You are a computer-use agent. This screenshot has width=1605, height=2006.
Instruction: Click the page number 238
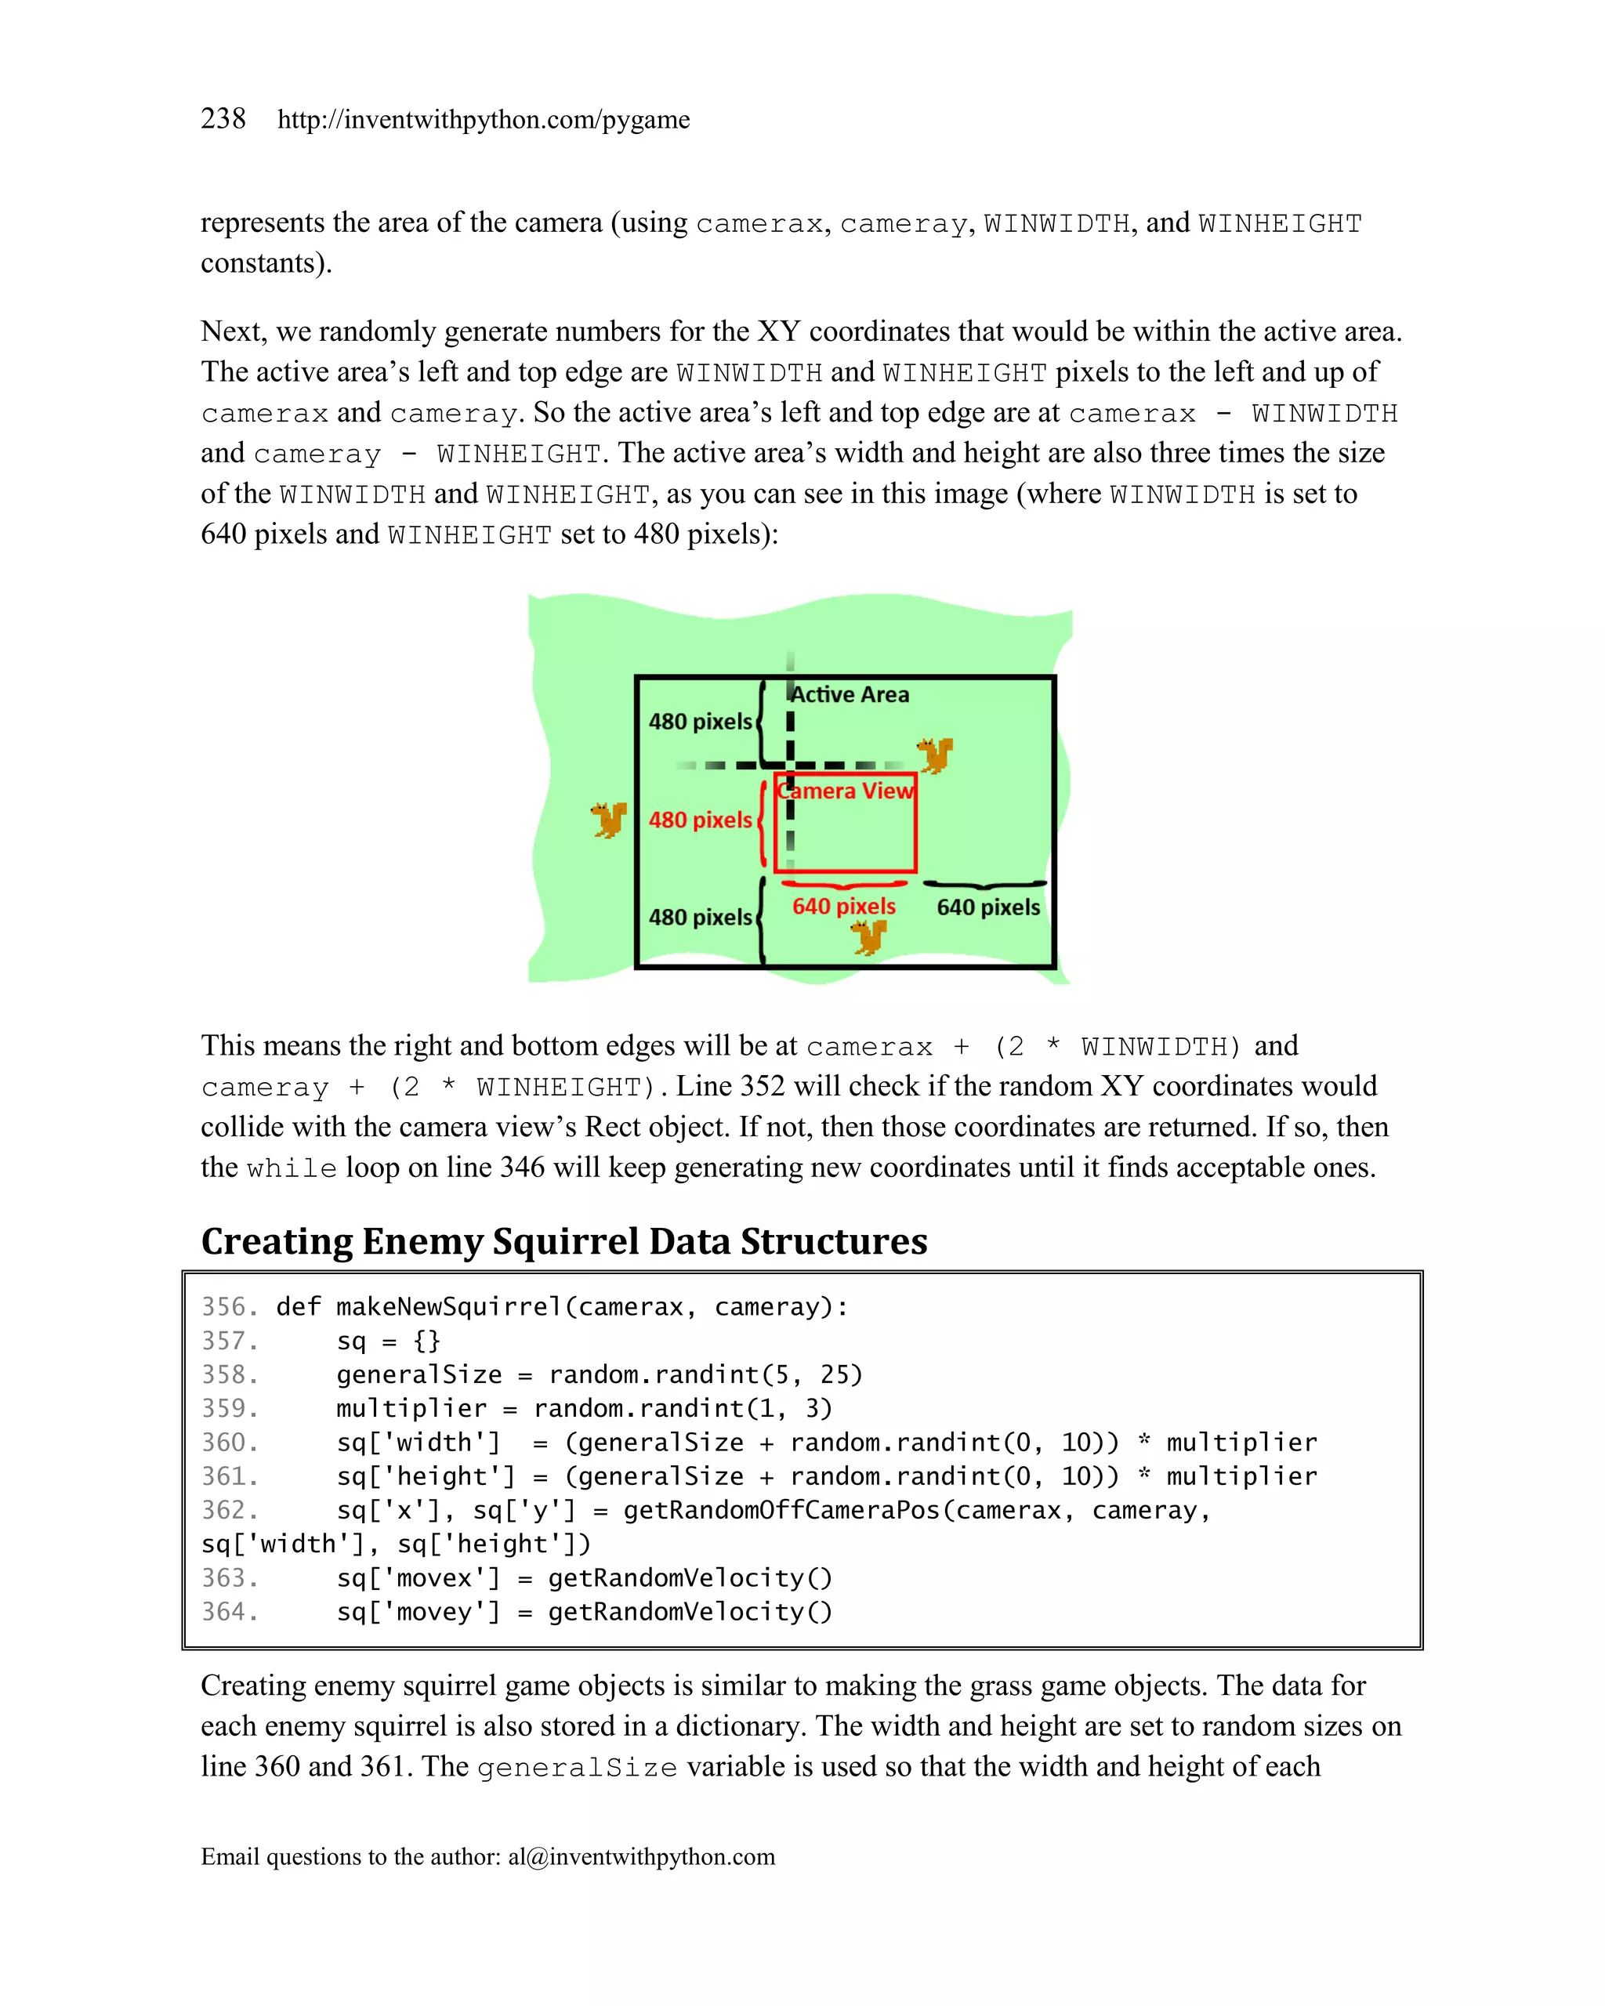click(x=223, y=119)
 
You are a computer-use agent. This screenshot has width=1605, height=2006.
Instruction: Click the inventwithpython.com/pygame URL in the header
click(x=483, y=120)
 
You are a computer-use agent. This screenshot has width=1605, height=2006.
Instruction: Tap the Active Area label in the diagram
click(x=850, y=694)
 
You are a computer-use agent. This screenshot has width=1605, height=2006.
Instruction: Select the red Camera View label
click(x=846, y=791)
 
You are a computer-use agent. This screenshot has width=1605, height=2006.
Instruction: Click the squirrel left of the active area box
click(x=610, y=820)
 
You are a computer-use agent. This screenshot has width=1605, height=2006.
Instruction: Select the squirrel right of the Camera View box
click(x=935, y=755)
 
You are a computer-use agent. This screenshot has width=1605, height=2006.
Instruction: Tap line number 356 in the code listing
click(x=229, y=1307)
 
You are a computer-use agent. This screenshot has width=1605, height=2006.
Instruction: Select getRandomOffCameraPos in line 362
click(x=781, y=1510)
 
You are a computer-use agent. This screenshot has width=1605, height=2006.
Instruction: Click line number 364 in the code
click(x=229, y=1612)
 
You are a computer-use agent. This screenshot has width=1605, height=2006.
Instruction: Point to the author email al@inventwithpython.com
click(x=641, y=1857)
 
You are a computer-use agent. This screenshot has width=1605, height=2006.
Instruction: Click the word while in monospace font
click(x=292, y=1168)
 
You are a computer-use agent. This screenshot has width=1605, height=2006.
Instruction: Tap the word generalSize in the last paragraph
click(x=577, y=1768)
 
